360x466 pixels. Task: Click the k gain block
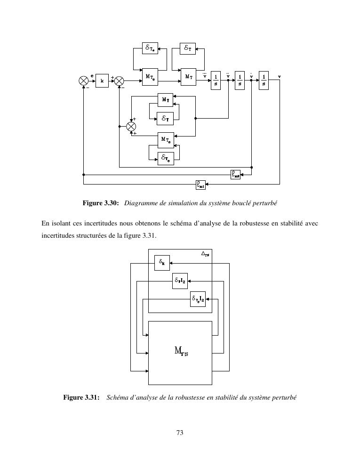click(x=102, y=80)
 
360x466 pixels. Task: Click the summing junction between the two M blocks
click(x=131, y=126)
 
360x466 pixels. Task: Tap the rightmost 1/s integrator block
click(x=264, y=80)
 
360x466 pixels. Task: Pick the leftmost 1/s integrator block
click(x=216, y=80)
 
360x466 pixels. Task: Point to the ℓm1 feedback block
click(x=201, y=185)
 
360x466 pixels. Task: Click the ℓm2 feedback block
click(x=236, y=174)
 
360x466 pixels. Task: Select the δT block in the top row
click(x=188, y=48)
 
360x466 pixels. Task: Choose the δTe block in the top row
click(x=150, y=48)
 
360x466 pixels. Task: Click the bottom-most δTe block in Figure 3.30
click(x=165, y=159)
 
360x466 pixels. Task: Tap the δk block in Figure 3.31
click(x=162, y=263)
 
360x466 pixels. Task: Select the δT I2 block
click(x=180, y=281)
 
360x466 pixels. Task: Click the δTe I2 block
click(x=198, y=299)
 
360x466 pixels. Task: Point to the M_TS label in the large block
click(x=181, y=351)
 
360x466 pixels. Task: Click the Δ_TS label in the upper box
click(x=205, y=255)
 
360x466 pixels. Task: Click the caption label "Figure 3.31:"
click(x=81, y=397)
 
